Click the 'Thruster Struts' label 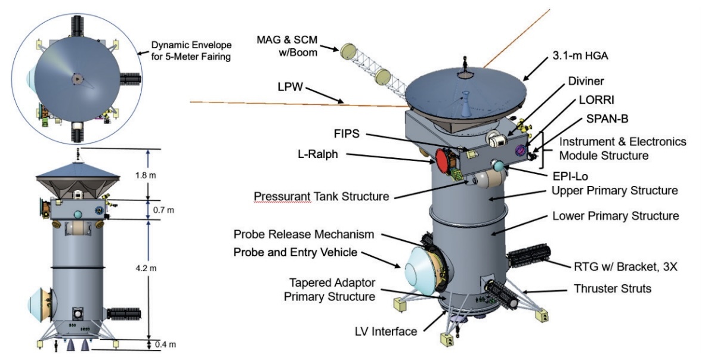click(614, 288)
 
